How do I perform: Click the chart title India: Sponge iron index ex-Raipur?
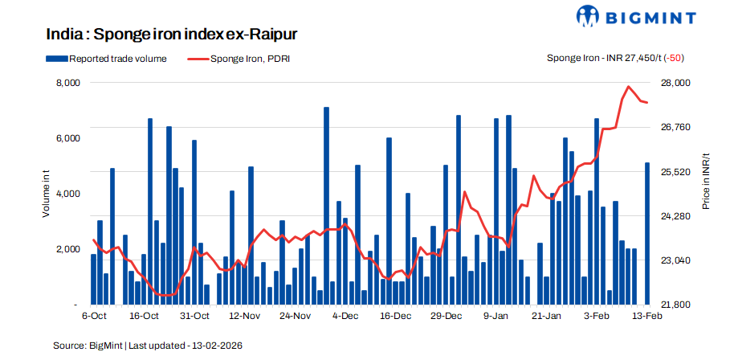172,35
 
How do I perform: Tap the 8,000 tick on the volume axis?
66,83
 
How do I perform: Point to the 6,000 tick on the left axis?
66,138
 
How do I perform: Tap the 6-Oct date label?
94,317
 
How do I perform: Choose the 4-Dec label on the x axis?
345,317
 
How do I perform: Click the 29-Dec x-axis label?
446,317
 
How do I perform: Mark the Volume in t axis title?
47,194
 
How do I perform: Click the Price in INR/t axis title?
706,182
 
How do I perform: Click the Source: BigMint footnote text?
148,345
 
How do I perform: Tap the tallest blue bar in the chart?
326,206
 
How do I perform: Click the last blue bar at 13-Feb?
646,234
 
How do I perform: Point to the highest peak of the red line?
628,86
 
